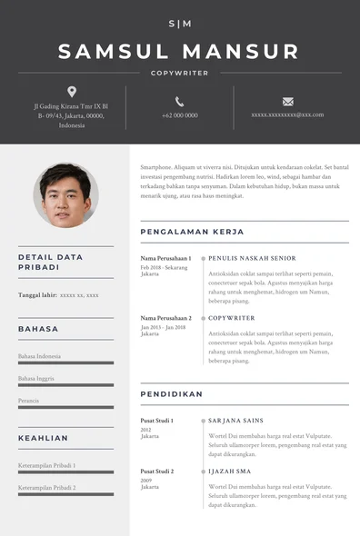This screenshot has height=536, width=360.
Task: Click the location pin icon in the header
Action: coord(72,92)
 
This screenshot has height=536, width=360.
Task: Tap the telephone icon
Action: coord(179,101)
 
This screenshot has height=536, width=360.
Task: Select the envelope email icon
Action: coord(287,101)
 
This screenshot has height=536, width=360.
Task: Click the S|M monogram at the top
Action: coord(180,24)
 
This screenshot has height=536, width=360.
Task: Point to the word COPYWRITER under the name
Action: coord(180,73)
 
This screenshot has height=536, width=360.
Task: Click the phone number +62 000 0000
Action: coord(179,115)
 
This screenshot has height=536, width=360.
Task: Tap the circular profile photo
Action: coord(65,195)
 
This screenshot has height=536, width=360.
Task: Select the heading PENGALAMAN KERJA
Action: coord(192,233)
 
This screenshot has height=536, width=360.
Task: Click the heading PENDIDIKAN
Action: coord(172,394)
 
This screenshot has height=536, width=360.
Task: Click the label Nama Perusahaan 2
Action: coord(165,318)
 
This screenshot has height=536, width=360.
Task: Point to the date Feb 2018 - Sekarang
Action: coord(164,267)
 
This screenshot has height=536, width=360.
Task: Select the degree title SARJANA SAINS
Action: coord(235,421)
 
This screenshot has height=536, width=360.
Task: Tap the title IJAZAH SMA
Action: coord(231,471)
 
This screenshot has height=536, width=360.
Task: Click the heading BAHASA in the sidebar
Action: coord(38,329)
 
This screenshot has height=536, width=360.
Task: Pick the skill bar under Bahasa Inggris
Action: coord(65,385)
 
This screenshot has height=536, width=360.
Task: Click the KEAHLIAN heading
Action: coord(43,438)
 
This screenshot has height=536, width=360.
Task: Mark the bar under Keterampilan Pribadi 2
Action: coord(65,494)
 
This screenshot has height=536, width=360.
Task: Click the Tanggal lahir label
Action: coord(37,295)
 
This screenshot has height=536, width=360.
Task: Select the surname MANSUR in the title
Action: coord(241,52)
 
